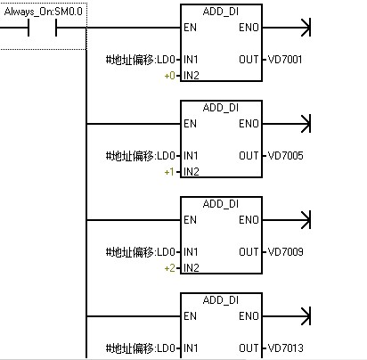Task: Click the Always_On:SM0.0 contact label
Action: tap(44, 12)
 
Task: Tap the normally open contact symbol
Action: tap(42, 28)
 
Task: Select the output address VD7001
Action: tap(285, 60)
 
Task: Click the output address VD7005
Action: tap(285, 156)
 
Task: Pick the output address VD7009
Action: tap(285, 252)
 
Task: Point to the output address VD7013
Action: tap(285, 348)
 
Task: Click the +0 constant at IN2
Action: tap(169, 76)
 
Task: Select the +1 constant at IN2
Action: tap(169, 172)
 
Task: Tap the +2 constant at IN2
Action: tap(169, 268)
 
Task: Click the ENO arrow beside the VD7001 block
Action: tap(287, 28)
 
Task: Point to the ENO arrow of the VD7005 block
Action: tap(287, 124)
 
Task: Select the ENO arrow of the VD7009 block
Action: tap(287, 220)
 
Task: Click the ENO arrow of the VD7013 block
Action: tap(287, 316)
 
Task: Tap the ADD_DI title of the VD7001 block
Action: tap(221, 12)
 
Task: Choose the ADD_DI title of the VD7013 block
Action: tap(221, 300)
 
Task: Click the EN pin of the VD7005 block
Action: tap(190, 124)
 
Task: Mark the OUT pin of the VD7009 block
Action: tap(249, 252)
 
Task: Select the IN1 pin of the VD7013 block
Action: tap(191, 348)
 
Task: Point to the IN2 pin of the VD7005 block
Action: tap(192, 172)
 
